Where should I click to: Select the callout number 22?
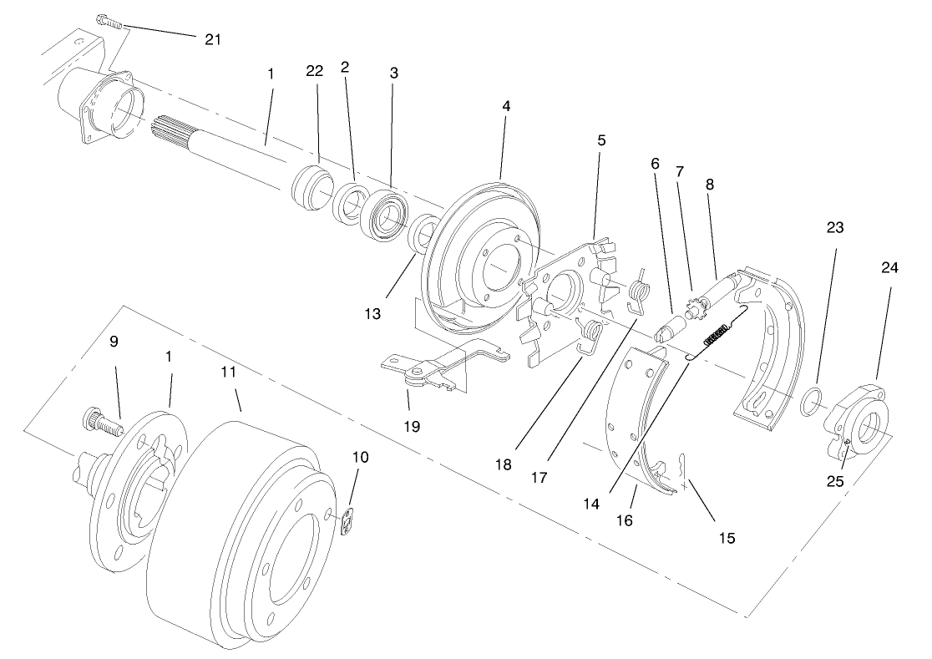point(314,73)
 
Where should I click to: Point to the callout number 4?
point(506,107)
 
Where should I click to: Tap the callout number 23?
point(835,227)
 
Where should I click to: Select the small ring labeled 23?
point(809,402)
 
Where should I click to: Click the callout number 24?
point(889,268)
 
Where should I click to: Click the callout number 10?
point(360,457)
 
